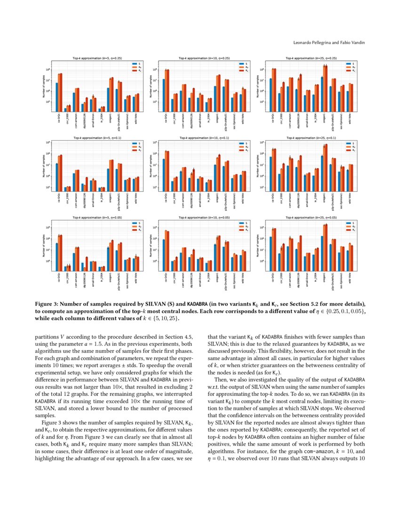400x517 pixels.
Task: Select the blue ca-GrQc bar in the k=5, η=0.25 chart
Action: [x=57, y=97]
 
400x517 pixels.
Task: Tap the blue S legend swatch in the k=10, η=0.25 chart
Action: [x=241, y=63]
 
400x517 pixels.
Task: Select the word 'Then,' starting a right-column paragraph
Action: [x=221, y=379]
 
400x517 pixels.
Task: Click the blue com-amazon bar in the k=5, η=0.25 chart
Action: [x=74, y=102]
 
